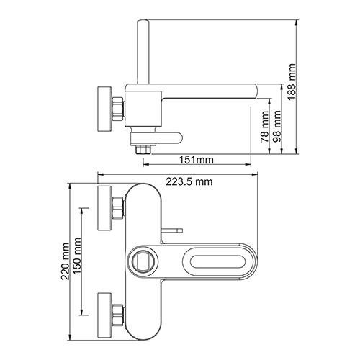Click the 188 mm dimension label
coord(292,82)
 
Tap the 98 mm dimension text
coord(277,126)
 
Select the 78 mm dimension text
coord(265,127)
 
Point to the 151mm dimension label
coord(197,159)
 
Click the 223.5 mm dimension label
coord(189,181)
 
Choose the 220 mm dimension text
coord(65,261)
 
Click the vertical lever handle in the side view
coord(143,52)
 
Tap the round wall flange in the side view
coord(104,109)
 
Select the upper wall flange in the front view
coord(104,208)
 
